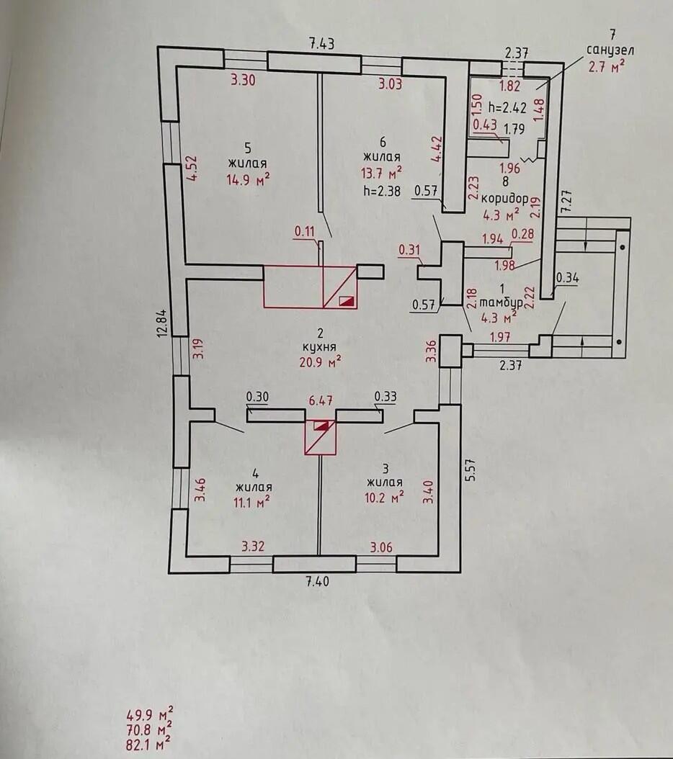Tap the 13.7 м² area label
click(x=381, y=173)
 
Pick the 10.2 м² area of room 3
click(x=385, y=497)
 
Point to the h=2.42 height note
click(x=507, y=108)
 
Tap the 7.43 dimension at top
click(x=322, y=44)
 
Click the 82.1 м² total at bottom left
click(x=149, y=742)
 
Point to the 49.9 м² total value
click(x=149, y=715)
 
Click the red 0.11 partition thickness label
click(x=306, y=232)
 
